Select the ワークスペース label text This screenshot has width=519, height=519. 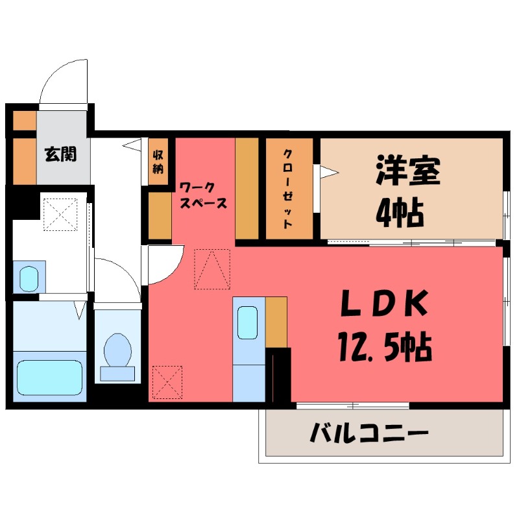click(203, 195)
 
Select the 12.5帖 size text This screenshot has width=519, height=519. click(383, 348)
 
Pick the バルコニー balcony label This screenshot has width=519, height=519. click(368, 433)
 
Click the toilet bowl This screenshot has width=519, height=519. click(117, 350)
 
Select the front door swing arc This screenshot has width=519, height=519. click(62, 80)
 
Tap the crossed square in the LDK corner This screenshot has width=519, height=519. click(167, 383)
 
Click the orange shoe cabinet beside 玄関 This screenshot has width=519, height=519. click(25, 159)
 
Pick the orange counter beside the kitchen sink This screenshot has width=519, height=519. click(276, 321)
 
